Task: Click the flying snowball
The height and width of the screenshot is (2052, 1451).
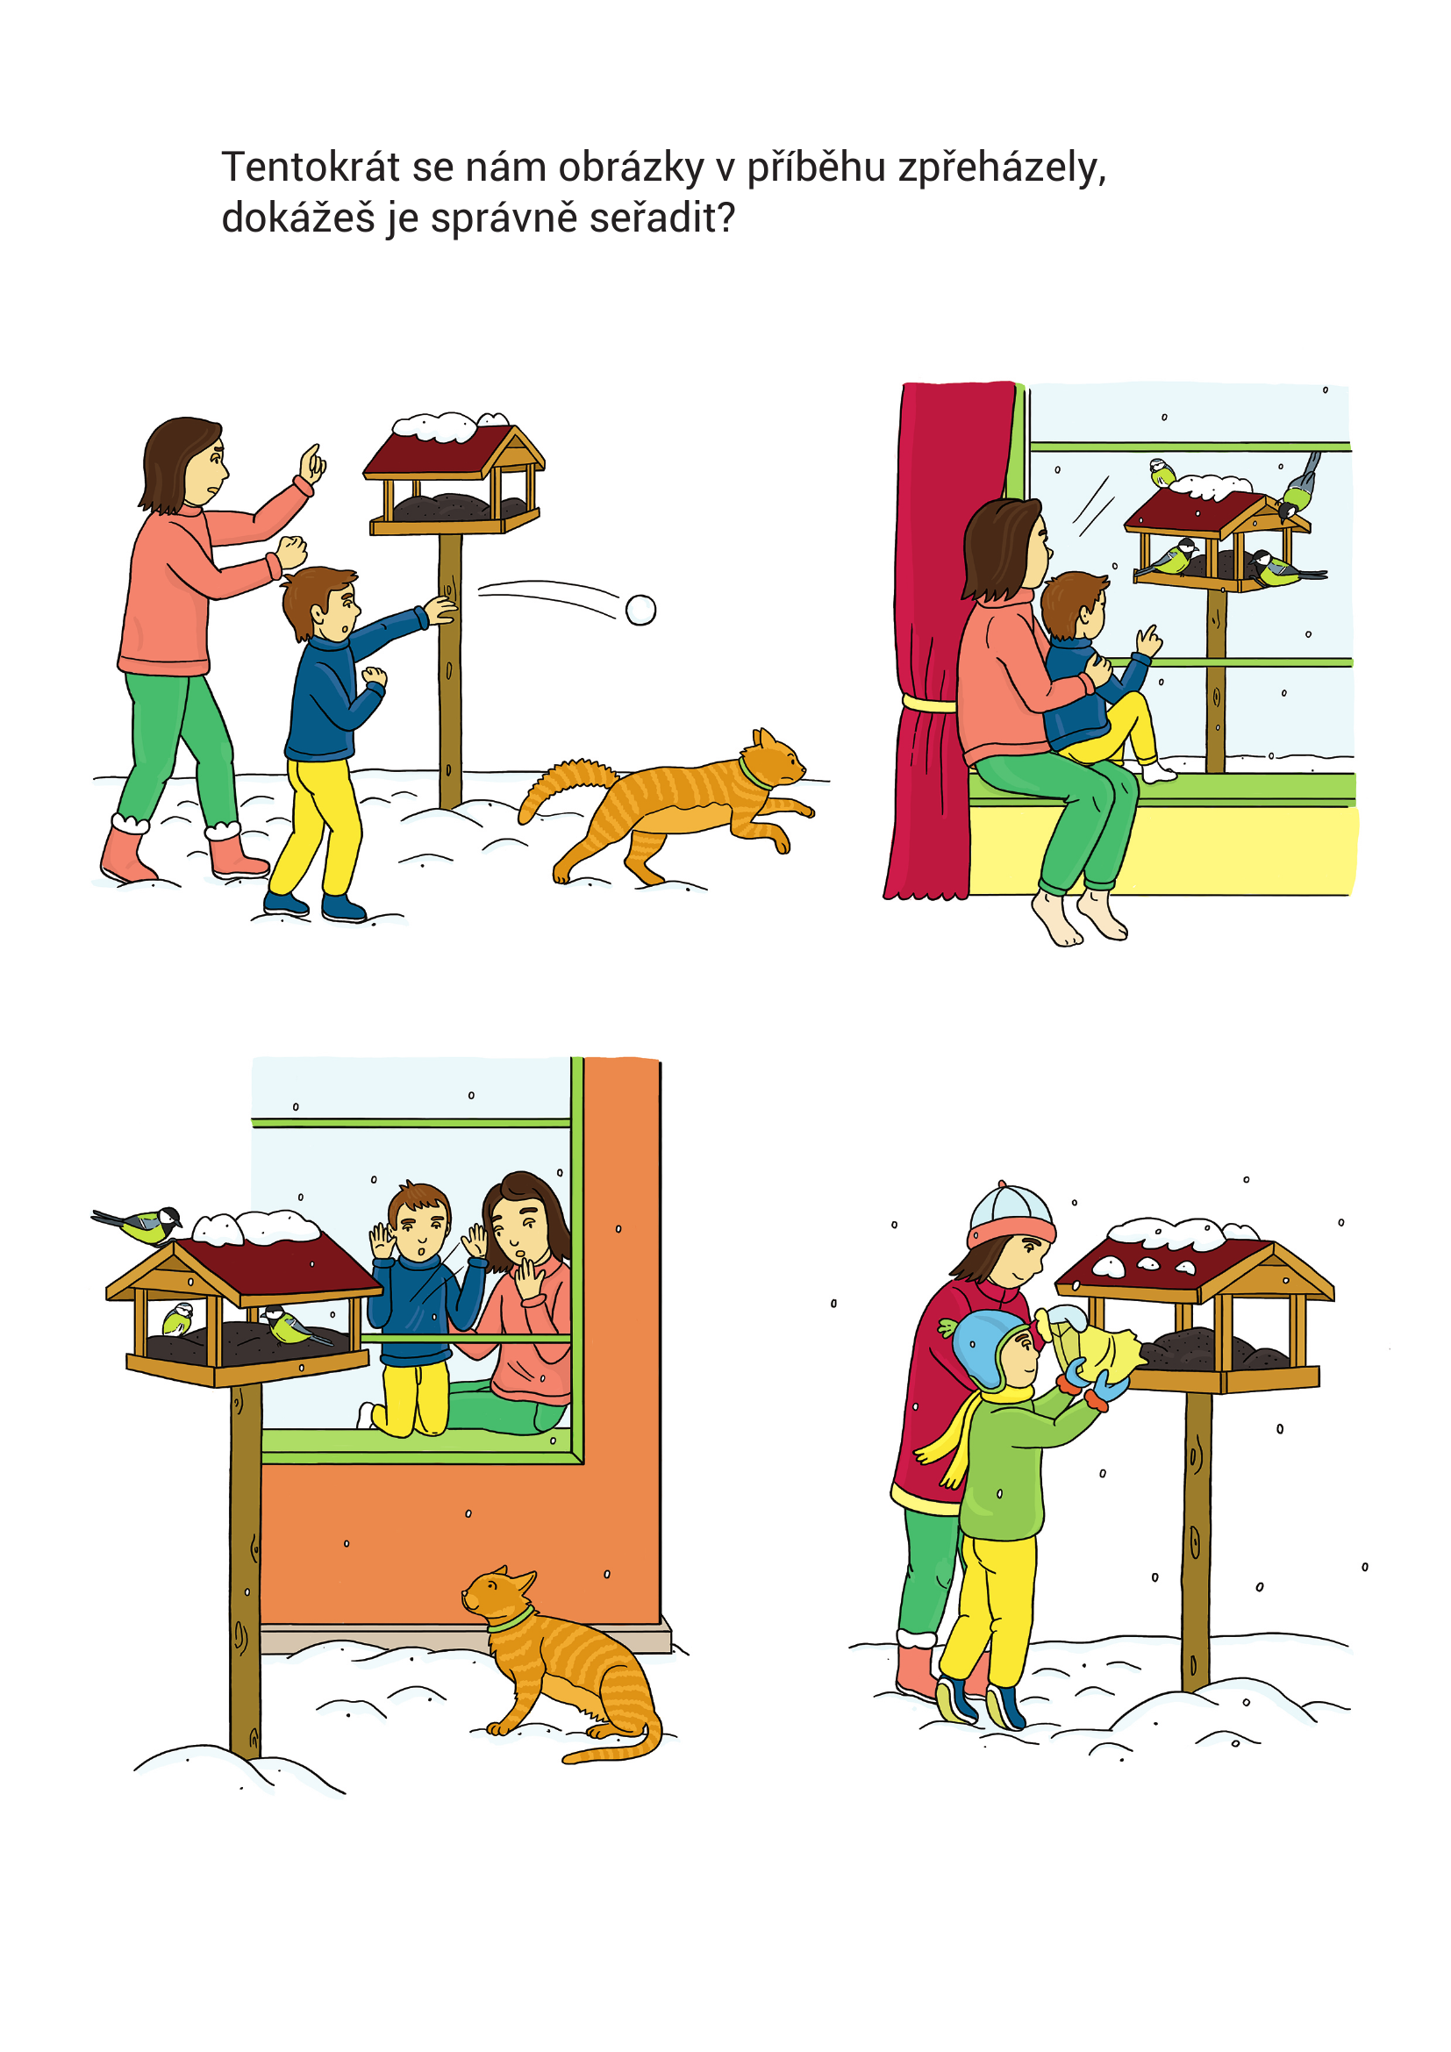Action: (x=640, y=610)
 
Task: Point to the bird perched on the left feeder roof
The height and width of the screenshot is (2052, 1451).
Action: (x=139, y=1224)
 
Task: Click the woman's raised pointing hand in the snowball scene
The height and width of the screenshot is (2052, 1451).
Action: (x=311, y=463)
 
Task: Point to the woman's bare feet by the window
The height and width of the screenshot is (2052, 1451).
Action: (x=1078, y=917)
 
